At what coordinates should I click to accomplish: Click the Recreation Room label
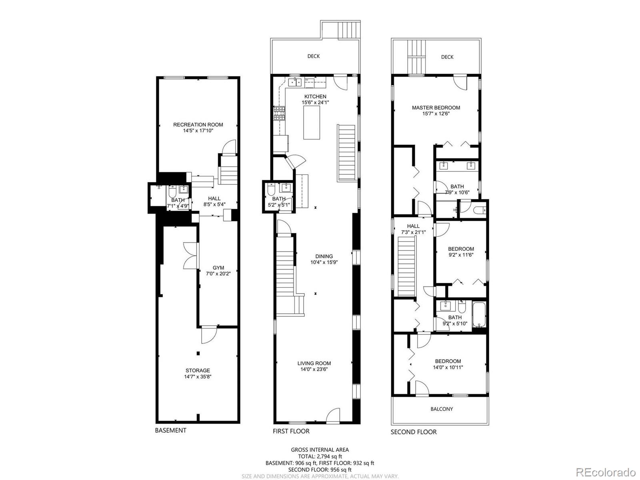pos(198,125)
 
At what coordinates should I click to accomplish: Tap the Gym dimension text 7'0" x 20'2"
pos(218,274)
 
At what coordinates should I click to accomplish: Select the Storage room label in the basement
pos(198,370)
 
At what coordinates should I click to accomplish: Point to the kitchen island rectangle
pos(311,123)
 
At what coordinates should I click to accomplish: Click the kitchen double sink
pos(295,82)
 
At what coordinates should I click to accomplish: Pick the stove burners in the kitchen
pos(279,113)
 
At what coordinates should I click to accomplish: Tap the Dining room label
pos(324,256)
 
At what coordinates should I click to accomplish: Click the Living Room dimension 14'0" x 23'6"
pos(314,369)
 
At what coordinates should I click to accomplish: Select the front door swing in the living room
pos(333,415)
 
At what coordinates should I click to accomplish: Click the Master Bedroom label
pos(436,108)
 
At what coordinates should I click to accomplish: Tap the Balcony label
pos(442,409)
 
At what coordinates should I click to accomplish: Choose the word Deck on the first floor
pos(314,56)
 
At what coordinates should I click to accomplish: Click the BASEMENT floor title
pos(170,430)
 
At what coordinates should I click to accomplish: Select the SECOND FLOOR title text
pos(414,432)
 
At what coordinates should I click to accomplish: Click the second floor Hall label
pos(413,226)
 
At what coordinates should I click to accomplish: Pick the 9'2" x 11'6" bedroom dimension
pos(461,255)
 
